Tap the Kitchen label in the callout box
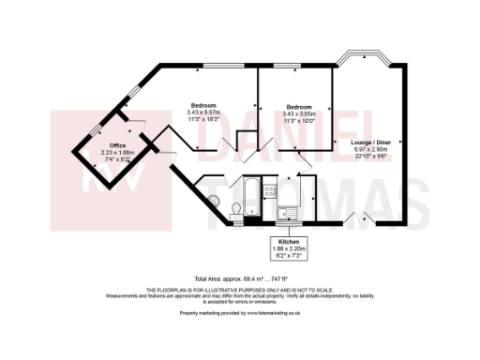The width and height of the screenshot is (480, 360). (x=288, y=241)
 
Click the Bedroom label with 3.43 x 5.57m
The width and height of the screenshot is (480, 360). (x=203, y=104)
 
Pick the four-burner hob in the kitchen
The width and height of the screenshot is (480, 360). (x=271, y=192)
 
